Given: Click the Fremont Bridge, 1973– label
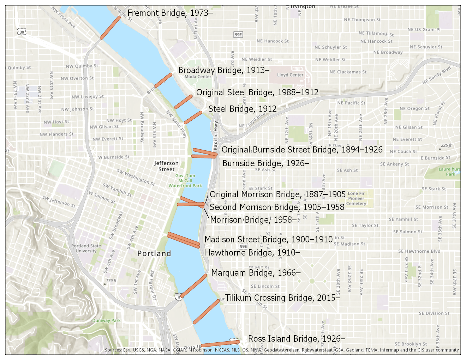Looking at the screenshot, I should tap(170, 13).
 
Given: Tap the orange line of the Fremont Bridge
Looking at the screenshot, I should tap(110, 28).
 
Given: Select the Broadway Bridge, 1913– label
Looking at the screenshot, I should tap(223, 70).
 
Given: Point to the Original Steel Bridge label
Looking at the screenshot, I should tap(257, 92).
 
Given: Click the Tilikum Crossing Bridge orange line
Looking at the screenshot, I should tap(206, 311).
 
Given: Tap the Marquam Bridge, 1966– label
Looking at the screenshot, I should tap(256, 273).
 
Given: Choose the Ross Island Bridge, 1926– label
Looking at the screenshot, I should tap(297, 339).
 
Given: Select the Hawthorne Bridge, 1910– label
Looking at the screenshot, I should tap(252, 253).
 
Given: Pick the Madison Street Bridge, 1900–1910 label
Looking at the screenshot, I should tap(268, 240).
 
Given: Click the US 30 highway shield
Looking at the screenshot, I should tap(22, 32).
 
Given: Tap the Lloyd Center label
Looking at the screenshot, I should tap(290, 75).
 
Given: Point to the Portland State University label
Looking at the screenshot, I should tap(86, 248).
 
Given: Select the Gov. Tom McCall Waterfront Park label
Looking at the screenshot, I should tap(185, 180).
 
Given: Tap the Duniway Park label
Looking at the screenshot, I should tap(106, 320).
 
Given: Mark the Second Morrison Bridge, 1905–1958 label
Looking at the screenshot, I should tap(277, 207).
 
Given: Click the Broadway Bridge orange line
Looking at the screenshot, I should tap(163, 80).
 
